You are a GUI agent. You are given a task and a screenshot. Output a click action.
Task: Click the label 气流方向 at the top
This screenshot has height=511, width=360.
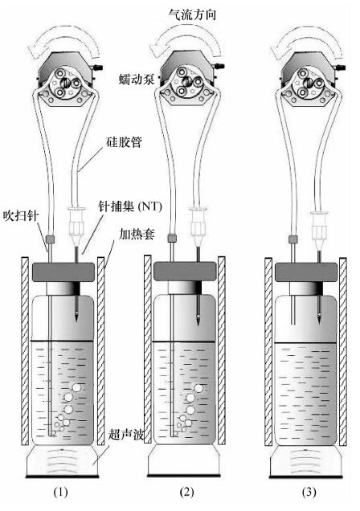click(192, 14)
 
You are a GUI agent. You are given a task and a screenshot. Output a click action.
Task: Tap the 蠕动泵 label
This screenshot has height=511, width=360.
click(137, 80)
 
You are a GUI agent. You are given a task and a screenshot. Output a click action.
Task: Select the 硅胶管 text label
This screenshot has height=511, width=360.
click(124, 142)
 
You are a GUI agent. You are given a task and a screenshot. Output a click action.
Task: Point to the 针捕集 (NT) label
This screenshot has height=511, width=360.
click(130, 206)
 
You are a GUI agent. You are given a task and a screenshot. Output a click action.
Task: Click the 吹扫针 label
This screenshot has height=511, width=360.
click(21, 215)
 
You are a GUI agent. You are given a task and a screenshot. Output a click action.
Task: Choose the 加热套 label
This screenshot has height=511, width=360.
click(137, 234)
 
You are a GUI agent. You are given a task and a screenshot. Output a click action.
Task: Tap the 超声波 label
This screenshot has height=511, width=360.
click(126, 435)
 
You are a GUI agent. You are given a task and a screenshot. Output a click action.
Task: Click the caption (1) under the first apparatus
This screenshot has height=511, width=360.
click(60, 492)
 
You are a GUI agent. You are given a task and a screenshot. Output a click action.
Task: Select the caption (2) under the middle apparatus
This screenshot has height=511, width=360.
click(186, 492)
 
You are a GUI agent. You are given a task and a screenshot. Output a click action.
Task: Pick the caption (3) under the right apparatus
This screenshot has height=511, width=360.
click(309, 492)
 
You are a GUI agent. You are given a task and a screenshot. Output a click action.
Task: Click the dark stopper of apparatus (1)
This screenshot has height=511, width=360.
click(63, 272)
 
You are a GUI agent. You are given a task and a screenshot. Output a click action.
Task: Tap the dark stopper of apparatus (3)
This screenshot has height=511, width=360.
click(306, 272)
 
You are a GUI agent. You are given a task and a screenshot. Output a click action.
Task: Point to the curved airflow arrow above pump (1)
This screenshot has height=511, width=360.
click(63, 37)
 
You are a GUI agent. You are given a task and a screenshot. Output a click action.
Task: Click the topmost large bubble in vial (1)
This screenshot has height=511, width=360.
click(77, 388)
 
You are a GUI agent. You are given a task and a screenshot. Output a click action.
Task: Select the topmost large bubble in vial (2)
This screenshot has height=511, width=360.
click(198, 388)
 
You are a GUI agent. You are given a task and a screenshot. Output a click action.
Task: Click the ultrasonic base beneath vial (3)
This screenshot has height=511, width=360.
click(306, 462)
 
